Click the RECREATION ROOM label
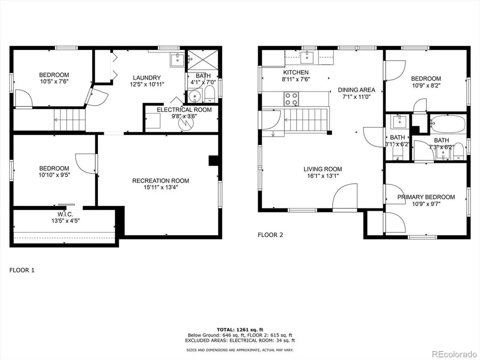160,181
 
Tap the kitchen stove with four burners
291,99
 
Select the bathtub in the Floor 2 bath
448,123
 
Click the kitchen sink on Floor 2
306,57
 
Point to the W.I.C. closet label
65,214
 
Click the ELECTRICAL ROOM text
184,110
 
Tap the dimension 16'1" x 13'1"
323,176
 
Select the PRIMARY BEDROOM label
426,197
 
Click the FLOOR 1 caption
22,270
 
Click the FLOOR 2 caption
270,235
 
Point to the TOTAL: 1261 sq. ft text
240,330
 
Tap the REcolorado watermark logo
454,354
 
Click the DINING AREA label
357,90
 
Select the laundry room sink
177,60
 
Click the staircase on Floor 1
69,120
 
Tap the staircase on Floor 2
306,120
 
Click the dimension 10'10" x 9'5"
54,175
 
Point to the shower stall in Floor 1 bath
202,60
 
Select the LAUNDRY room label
146,78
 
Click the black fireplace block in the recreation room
213,161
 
